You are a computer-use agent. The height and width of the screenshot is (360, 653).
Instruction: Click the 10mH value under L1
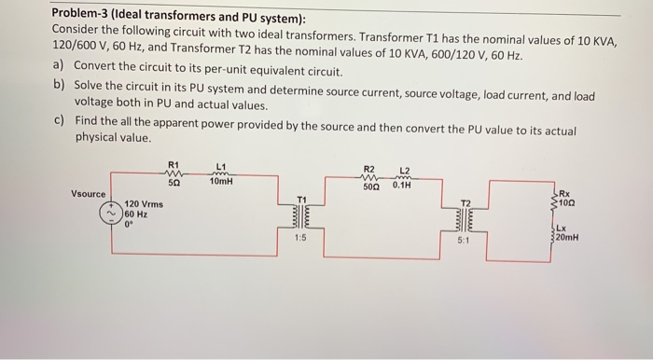point(222,182)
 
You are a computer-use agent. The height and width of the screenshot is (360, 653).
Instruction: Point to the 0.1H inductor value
point(403,186)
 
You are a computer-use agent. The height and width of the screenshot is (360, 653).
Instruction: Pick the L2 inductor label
point(404,170)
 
